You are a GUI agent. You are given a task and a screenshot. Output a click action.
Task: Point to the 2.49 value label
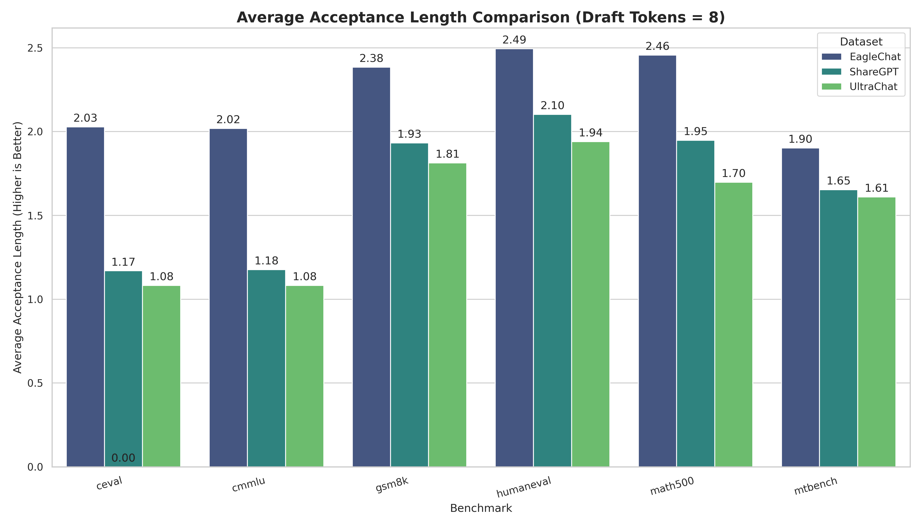pyautogui.click(x=514, y=40)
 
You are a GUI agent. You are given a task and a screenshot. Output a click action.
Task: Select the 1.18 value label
pyautogui.click(x=266, y=261)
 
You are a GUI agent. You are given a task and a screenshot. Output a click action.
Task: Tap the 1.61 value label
pyautogui.click(x=876, y=188)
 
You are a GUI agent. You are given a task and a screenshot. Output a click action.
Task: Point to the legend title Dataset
pyautogui.click(x=861, y=42)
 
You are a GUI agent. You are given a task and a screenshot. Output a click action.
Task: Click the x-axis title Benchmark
pyautogui.click(x=481, y=508)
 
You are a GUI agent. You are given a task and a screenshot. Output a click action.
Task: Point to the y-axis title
pyautogui.click(x=17, y=247)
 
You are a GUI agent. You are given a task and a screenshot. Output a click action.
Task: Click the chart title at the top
pyautogui.click(x=481, y=17)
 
